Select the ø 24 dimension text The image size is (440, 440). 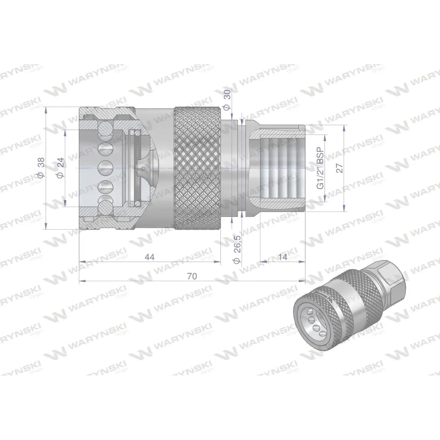point(60,168)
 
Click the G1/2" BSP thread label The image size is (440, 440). point(319,167)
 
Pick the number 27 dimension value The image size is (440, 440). point(340,167)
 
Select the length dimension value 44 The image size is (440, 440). point(150,257)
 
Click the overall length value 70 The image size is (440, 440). point(192,276)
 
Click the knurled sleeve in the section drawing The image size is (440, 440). point(197,168)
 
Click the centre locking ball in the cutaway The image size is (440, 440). point(104,167)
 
